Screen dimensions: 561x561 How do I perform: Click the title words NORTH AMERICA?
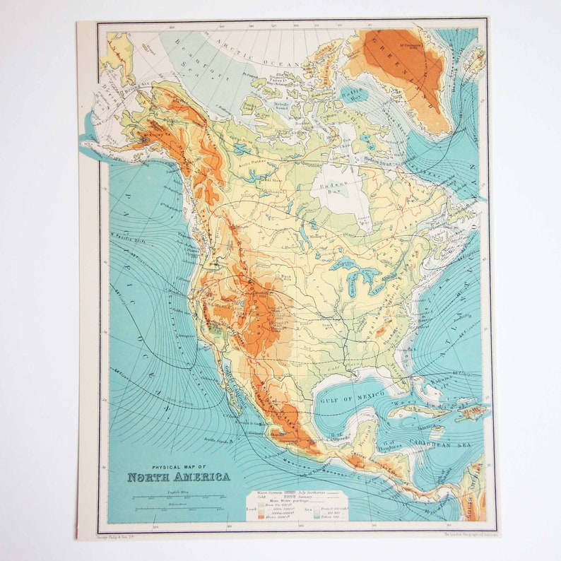pos(178,476)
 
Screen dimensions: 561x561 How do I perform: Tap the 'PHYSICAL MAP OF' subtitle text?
pos(179,466)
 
